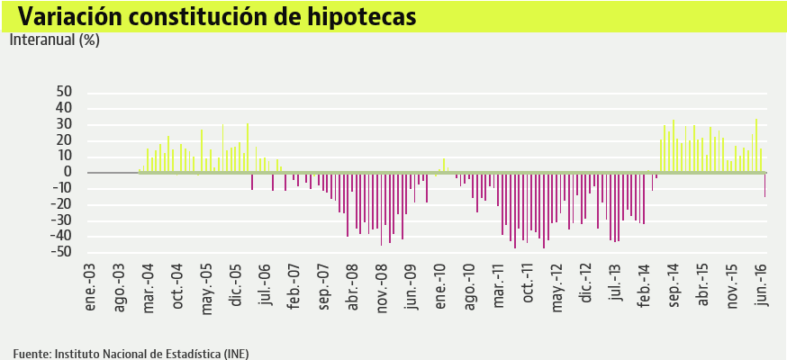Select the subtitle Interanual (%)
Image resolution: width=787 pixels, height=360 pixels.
click(54, 40)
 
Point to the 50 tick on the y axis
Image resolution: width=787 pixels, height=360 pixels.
click(64, 92)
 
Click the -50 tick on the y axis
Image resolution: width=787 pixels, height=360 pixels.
click(61, 253)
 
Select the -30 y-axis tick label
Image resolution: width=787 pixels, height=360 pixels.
click(61, 220)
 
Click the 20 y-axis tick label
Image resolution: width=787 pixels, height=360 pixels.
click(64, 140)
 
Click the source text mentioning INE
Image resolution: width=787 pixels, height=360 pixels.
click(131, 353)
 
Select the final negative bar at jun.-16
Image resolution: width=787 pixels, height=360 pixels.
click(765, 184)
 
